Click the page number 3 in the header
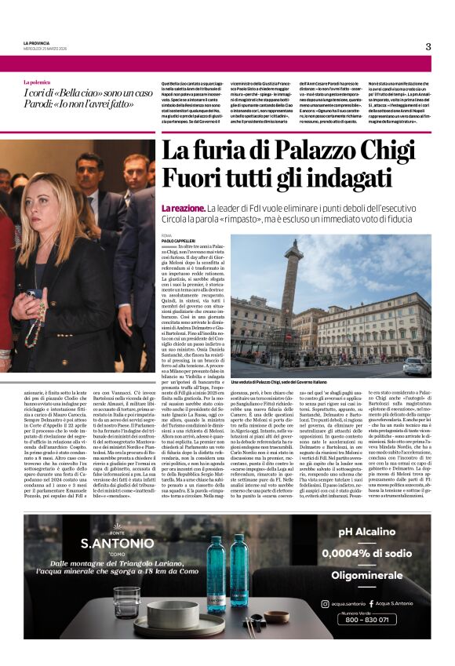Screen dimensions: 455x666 coord(428,46)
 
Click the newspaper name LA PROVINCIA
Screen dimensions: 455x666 coord(36,42)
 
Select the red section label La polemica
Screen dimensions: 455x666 coord(37,82)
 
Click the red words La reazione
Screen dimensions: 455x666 coord(183,207)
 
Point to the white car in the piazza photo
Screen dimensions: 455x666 coord(411,367)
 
